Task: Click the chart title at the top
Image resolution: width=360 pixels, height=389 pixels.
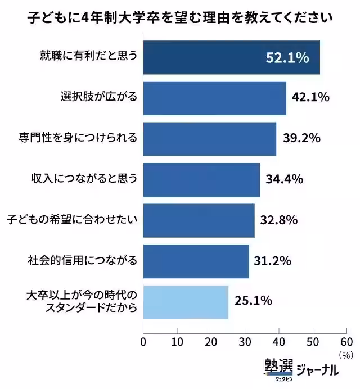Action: [x=180, y=17]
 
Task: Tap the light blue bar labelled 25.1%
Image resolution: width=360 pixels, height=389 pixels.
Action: [x=186, y=302]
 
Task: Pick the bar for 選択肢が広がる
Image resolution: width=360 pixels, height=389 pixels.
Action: [x=214, y=98]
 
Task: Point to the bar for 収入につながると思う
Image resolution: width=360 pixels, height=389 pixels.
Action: [x=201, y=180]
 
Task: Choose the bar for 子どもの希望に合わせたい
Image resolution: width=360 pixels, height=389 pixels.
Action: [x=199, y=220]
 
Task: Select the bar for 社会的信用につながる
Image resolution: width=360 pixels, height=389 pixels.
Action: [x=196, y=261]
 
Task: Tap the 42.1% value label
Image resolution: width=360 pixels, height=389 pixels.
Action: [x=310, y=97]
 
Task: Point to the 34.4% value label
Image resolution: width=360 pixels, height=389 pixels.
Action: [x=285, y=179]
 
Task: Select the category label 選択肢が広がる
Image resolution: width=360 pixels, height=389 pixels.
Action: [x=98, y=97]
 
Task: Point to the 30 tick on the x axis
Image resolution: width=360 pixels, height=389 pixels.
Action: [x=245, y=342]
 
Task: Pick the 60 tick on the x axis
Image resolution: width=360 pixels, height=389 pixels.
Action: [x=346, y=342]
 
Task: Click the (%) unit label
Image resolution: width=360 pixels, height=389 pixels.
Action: [x=345, y=355]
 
